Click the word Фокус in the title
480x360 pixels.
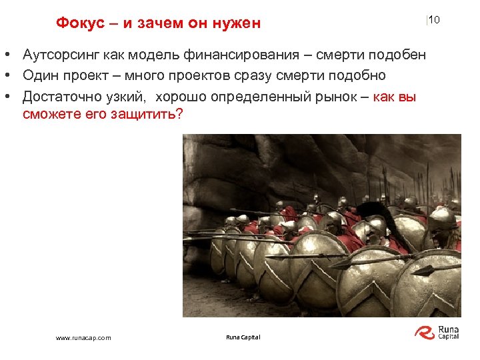tap(80, 23)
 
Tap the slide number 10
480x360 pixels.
tap(434, 20)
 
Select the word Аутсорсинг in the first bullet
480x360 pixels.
tap(60, 54)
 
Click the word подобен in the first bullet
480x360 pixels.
tap(398, 54)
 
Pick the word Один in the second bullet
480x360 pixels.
tap(39, 75)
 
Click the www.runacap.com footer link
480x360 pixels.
tap(83, 338)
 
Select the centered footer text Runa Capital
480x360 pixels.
tap(243, 337)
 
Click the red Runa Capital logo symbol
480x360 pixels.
tap(424, 332)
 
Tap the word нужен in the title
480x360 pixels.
tap(236, 23)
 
